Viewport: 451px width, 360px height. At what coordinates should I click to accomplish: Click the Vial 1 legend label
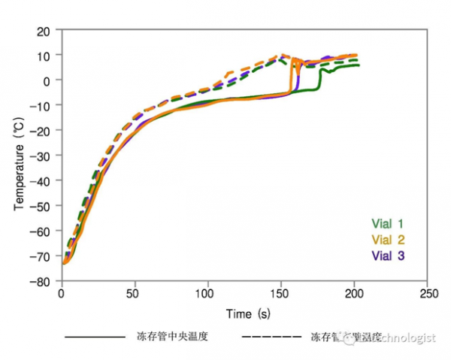pos(388,223)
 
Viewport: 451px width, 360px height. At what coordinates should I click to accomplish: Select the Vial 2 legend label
pos(388,240)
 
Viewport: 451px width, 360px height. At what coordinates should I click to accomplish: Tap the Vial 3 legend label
pos(388,256)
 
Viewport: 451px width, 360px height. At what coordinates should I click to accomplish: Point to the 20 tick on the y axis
pos(43,30)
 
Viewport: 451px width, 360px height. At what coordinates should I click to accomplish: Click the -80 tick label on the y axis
pos(41,282)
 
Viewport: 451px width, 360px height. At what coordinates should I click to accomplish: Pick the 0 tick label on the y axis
pos(47,80)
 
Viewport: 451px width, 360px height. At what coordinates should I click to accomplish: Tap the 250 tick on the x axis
pos(428,295)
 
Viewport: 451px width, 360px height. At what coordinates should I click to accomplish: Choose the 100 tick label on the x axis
pos(207,295)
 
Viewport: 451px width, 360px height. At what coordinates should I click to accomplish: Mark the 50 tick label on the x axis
pos(135,295)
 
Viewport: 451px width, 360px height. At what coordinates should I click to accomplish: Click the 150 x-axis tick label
pos(280,295)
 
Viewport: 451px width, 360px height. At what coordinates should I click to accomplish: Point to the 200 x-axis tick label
pos(354,295)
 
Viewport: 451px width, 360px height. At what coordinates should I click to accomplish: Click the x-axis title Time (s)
pos(248,313)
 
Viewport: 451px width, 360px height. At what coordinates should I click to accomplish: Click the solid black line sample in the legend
pos(95,337)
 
